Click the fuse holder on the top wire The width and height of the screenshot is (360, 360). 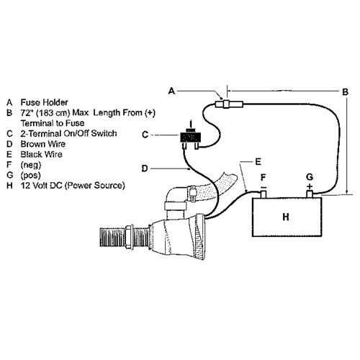coord(229,104)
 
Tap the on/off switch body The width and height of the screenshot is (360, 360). coord(192,138)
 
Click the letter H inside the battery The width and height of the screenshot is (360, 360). coord(286,217)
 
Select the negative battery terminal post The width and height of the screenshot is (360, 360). coord(264,194)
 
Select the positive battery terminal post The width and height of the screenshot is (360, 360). coord(310,194)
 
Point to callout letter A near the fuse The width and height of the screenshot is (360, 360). coord(171,91)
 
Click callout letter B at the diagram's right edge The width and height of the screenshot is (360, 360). coord(345,92)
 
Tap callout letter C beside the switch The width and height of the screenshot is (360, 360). coord(145,135)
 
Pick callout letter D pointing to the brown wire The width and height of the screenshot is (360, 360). coord(145,168)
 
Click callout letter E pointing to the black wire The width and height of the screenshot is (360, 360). coord(258,161)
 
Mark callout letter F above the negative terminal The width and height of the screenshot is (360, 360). coord(264,178)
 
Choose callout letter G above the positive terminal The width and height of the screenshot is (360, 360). coord(310,177)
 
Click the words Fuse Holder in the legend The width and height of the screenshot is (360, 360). coord(44,102)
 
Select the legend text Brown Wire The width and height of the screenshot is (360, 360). coord(43,144)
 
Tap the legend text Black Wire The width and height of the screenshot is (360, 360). coord(41,154)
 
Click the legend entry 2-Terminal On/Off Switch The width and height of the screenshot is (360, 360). coord(68,133)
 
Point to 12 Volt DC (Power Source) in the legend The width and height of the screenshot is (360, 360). coord(73,186)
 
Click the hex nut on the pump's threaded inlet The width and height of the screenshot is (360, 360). coord(129,238)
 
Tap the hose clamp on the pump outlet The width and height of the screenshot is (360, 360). coord(192,194)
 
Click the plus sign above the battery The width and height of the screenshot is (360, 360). coord(310,186)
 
